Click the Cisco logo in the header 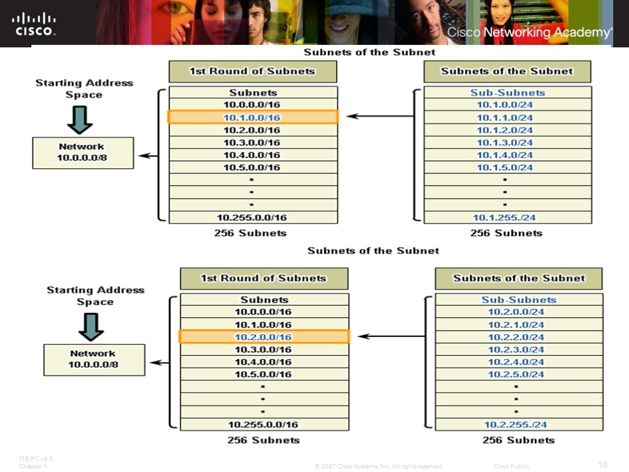click(x=34, y=24)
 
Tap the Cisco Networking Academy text click(x=529, y=33)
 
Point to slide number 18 click(x=602, y=463)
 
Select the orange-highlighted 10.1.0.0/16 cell click(x=252, y=117)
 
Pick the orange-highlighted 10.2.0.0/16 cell click(x=264, y=337)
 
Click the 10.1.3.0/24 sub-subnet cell click(x=505, y=143)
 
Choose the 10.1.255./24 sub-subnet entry click(x=504, y=218)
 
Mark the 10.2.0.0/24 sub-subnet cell click(x=516, y=312)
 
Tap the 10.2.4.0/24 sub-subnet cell click(x=516, y=362)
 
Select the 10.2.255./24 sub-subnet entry click(x=515, y=425)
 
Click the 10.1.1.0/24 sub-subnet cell click(x=505, y=117)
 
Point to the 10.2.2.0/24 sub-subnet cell click(x=516, y=337)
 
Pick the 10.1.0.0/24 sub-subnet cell click(x=505, y=105)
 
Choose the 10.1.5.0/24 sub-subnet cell click(x=505, y=167)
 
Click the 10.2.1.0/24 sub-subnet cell click(x=516, y=324)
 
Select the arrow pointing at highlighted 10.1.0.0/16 click(x=381, y=116)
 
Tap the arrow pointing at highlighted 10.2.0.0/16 click(x=392, y=336)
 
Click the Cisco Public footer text click(x=511, y=466)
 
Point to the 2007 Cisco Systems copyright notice click(x=378, y=466)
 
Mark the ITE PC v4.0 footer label click(x=36, y=459)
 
